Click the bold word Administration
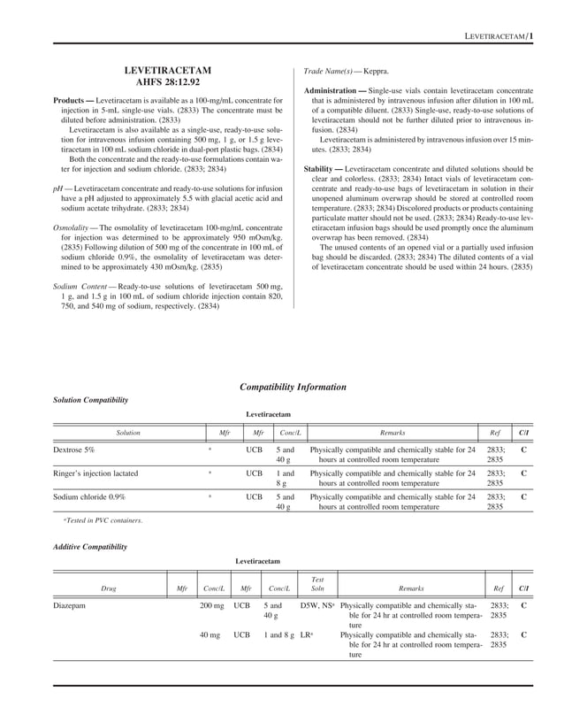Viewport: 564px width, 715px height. pos(335,91)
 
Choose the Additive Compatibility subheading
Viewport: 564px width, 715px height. pos(90,547)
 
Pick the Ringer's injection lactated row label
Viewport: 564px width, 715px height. pos(95,473)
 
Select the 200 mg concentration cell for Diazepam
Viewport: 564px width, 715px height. pos(211,606)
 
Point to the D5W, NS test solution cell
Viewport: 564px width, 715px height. pos(316,606)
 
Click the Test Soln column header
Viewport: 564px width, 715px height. pos(316,584)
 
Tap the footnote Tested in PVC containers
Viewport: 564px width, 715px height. pos(105,520)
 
